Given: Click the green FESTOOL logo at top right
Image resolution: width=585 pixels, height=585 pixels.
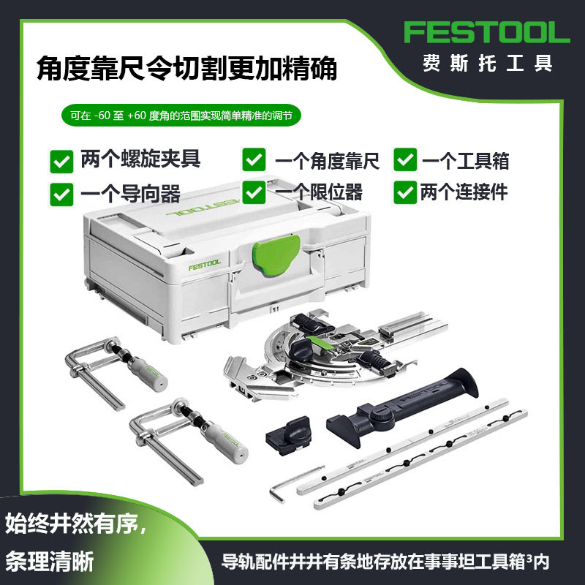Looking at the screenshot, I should coord(486,33).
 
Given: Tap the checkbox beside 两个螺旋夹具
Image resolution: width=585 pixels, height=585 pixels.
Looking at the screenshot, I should coord(61,160).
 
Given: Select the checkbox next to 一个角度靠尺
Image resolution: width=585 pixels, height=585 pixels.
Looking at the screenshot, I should coord(254,160).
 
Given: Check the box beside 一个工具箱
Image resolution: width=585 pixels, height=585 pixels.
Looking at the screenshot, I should coord(405,160).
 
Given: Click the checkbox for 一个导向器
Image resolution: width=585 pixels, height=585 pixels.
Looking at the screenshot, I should coord(61,193).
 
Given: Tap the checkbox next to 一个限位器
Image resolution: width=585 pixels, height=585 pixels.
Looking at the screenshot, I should coord(254,192).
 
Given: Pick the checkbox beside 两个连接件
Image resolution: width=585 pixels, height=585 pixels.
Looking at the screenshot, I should coord(405,192).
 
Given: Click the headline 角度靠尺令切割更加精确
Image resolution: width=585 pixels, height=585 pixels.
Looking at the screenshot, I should coord(186,69).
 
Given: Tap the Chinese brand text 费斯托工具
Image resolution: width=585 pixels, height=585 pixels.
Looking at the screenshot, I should coord(486,63).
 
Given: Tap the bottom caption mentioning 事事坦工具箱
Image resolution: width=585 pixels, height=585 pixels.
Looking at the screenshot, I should coord(385,562).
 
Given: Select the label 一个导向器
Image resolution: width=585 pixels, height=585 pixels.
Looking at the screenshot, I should coord(131,194).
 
